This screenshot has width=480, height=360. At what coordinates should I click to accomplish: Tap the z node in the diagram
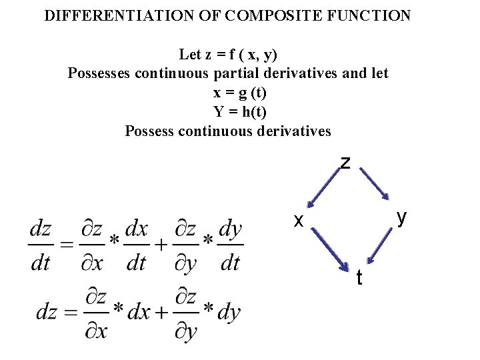coord(345,163)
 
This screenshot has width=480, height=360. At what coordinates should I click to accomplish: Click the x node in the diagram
coord(300,219)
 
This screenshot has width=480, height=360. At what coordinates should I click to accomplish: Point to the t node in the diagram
coord(359,277)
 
